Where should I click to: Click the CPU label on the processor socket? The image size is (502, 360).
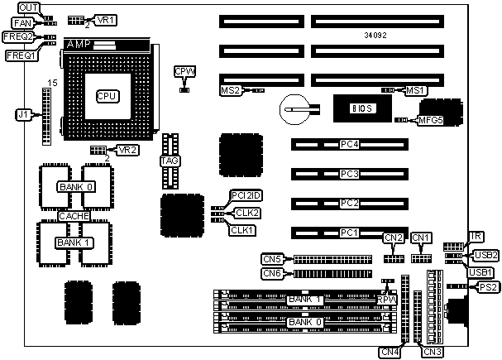pyautogui.click(x=107, y=96)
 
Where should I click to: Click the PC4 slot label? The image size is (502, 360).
pyautogui.click(x=349, y=145)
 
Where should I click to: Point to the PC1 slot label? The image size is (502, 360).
pyautogui.click(x=349, y=233)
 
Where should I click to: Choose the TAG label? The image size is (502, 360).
pyautogui.click(x=170, y=161)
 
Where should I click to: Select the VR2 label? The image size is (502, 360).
pyautogui.click(x=127, y=150)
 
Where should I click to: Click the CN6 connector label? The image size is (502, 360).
pyautogui.click(x=273, y=273)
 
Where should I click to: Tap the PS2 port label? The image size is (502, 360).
pyautogui.click(x=488, y=287)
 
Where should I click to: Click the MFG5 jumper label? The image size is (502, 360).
pyautogui.click(x=431, y=120)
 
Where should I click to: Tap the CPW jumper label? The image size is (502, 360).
pyautogui.click(x=184, y=72)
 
